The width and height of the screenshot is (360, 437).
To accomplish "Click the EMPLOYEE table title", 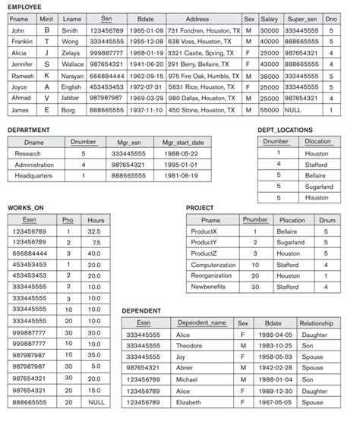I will click(x=25, y=6).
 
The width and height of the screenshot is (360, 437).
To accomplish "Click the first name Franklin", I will click(x=22, y=42).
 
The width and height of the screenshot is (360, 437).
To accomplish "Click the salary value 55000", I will click(x=269, y=110).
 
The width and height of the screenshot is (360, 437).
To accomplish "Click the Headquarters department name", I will click(x=33, y=175).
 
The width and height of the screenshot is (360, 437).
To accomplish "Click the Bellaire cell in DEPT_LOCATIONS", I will click(x=317, y=175).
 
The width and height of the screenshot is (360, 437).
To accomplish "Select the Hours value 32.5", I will click(x=94, y=231).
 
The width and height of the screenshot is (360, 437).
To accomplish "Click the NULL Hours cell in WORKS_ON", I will click(x=96, y=401).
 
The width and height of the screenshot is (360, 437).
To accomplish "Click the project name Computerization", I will click(x=213, y=266).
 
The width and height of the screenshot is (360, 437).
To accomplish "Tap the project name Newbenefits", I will click(x=210, y=288).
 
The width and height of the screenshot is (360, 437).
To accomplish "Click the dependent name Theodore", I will click(x=190, y=345).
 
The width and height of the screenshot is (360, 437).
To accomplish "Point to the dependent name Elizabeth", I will click(x=190, y=402).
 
